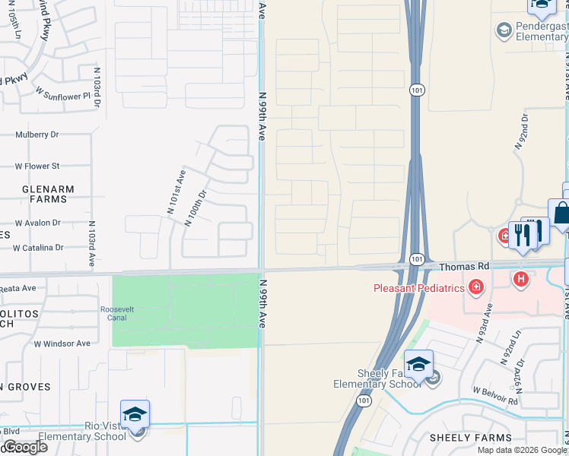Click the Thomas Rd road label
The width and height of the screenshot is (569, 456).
click(x=464, y=267)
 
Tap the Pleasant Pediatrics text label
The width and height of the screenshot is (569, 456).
click(x=419, y=287)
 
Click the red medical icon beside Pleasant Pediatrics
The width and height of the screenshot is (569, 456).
click(x=476, y=287)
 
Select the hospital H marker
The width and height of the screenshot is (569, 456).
click(x=521, y=280)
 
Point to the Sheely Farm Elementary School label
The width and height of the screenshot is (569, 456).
click(x=377, y=378)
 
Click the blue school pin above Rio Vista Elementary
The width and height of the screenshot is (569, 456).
click(x=135, y=415)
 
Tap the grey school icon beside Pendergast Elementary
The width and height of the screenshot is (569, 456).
click(x=503, y=30)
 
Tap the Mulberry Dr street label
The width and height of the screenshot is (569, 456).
click(x=37, y=135)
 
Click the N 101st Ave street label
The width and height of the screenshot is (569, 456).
click(x=176, y=192)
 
